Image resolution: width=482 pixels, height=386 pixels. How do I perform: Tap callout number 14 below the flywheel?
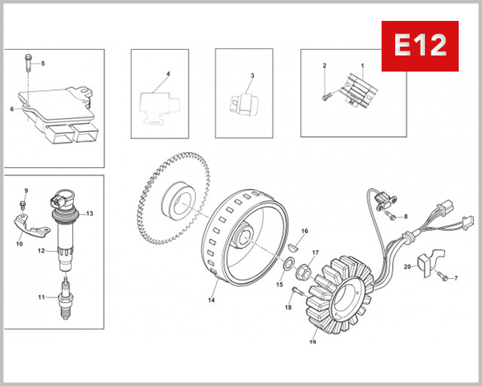pos(211,300)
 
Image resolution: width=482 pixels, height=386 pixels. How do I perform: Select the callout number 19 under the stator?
pos(312,342)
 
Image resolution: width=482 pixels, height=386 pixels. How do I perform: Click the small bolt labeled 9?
pos(26,206)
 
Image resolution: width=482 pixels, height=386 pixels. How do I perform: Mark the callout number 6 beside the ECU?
pos(13,109)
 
